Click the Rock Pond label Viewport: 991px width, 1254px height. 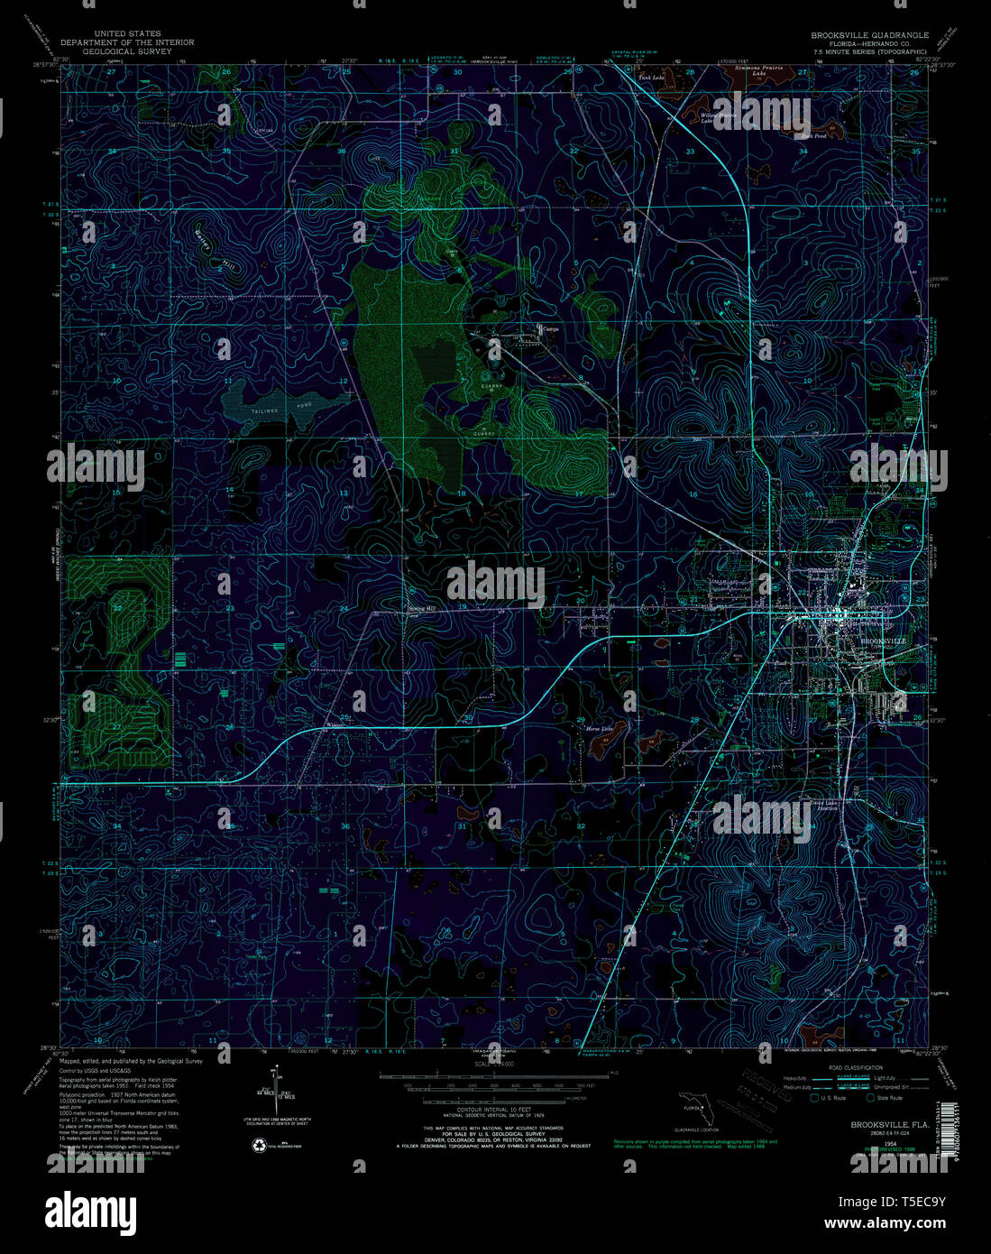(813, 136)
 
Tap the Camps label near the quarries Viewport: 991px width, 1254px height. (550, 329)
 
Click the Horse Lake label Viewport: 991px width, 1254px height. (599, 728)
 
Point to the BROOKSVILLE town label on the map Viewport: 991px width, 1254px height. (881, 641)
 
